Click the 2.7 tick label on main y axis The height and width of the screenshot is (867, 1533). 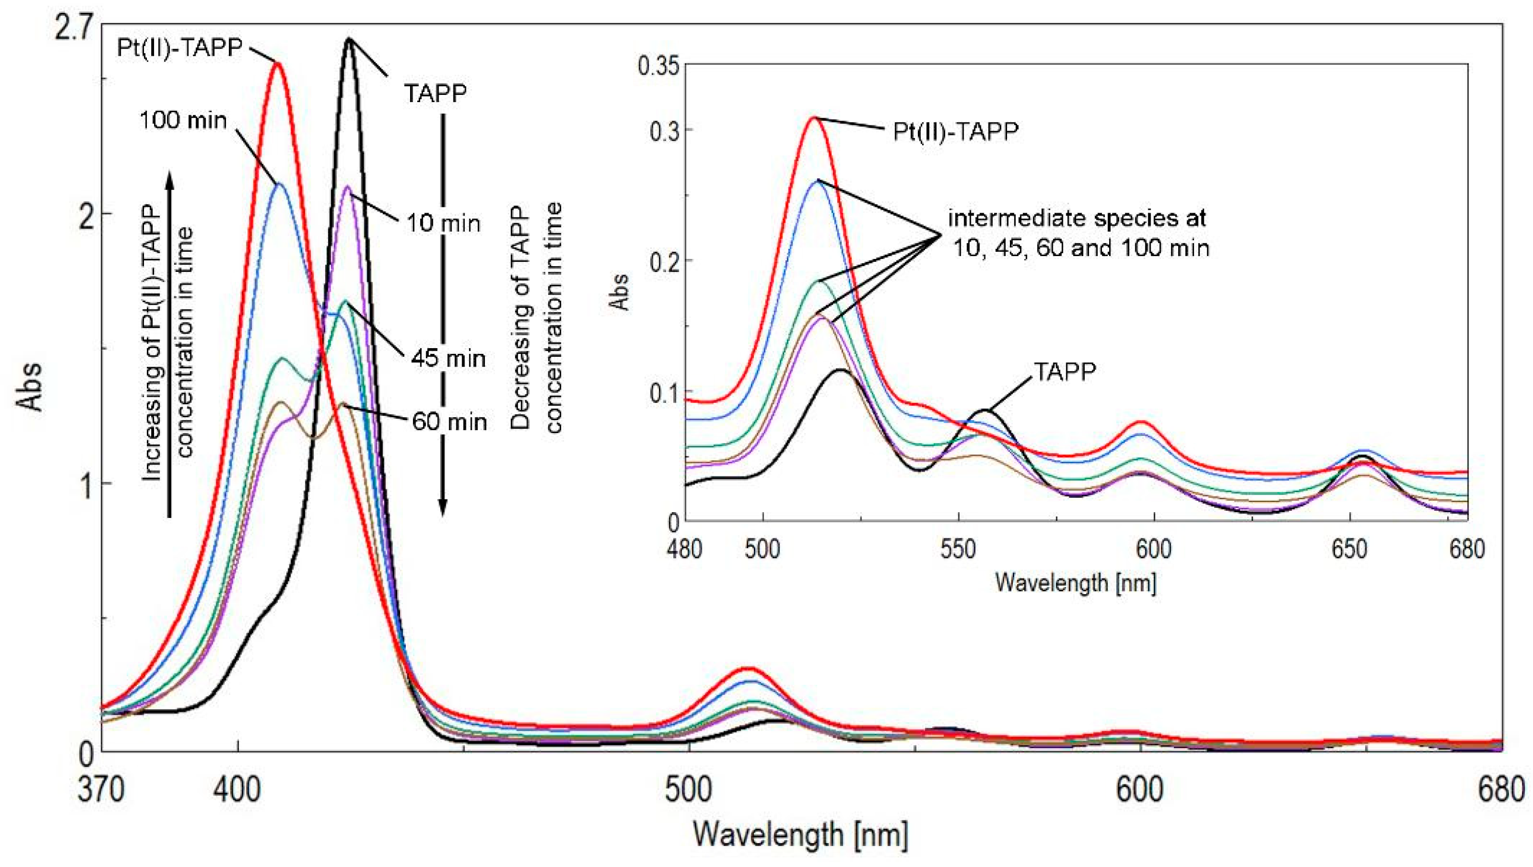[73, 29]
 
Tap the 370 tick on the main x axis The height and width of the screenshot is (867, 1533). [101, 791]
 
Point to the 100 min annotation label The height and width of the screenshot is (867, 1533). [184, 121]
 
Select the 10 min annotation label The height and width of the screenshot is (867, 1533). [443, 223]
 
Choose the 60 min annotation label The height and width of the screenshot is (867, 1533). [450, 422]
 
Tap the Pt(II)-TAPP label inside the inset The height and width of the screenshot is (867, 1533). [956, 131]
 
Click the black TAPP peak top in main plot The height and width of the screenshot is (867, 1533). [349, 40]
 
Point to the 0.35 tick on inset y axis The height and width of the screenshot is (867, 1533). [658, 65]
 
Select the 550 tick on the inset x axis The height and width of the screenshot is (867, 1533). [958, 548]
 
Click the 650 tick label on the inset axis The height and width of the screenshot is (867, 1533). [1348, 548]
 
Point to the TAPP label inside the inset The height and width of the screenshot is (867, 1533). [1064, 372]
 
